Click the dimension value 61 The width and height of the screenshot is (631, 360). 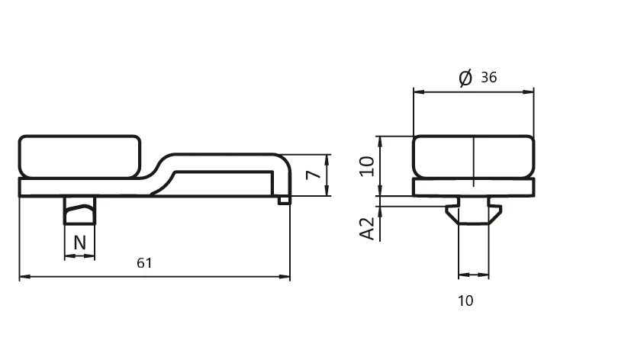(145, 263)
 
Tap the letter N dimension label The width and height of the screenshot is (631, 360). (79, 243)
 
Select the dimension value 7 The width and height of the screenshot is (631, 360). (311, 175)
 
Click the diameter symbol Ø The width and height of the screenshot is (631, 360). (465, 77)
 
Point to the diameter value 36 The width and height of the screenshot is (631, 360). (489, 77)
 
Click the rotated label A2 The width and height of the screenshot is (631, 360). (368, 228)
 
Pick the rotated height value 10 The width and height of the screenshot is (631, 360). (368, 166)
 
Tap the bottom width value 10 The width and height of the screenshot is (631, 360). (465, 301)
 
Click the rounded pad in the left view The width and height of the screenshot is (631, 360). (79, 156)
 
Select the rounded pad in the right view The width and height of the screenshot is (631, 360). (473, 157)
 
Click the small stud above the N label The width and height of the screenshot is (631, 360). (79, 210)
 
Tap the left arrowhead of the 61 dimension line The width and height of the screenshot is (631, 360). (24, 276)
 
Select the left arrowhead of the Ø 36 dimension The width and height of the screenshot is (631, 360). (418, 92)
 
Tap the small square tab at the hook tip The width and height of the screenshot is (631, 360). (284, 200)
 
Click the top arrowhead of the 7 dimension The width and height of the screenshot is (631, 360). (327, 158)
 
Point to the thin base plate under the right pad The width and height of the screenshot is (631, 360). (473, 187)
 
